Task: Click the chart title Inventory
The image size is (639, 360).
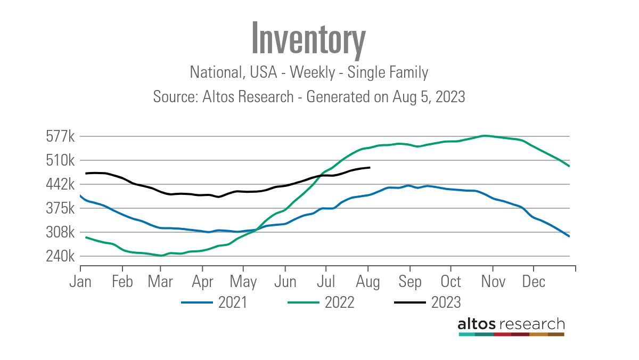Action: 308,38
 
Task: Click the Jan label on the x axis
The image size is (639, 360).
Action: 81,282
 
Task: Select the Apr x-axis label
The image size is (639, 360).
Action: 202,282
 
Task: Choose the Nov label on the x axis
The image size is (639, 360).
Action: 493,282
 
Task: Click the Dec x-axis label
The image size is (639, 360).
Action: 534,282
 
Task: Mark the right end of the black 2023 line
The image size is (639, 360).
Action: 370,168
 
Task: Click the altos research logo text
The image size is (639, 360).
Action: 511,324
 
